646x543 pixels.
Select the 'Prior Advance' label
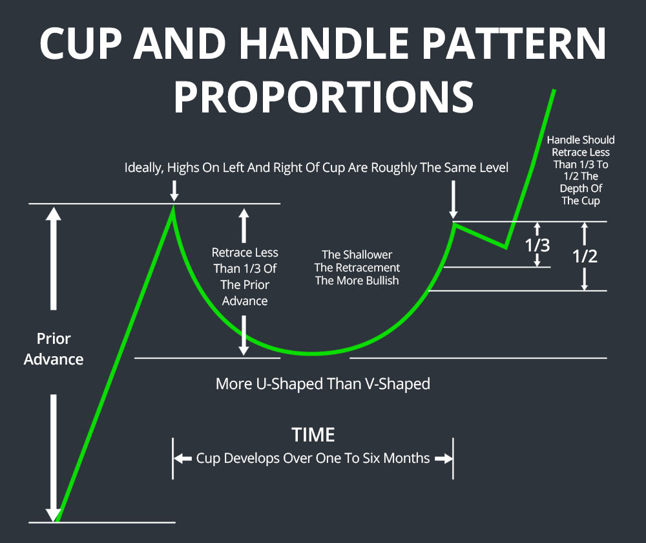pos(54,349)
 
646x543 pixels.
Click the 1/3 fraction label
pos(537,245)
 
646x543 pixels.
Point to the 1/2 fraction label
pos(585,256)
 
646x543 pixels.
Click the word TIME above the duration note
pos(313,434)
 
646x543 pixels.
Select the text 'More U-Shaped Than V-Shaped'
pos(322,383)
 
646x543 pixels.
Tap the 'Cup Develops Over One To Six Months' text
pos(313,458)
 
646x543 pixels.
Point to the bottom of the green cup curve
pos(313,354)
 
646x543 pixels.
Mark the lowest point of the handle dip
pos(506,246)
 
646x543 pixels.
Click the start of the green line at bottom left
pos(57,520)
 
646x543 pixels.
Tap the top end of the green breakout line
pos(554,89)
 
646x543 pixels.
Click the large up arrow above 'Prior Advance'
pos(54,259)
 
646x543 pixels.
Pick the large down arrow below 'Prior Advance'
pos(54,452)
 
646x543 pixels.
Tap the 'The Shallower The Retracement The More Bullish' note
pos(357,268)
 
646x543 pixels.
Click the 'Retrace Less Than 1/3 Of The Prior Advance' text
pos(245,277)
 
